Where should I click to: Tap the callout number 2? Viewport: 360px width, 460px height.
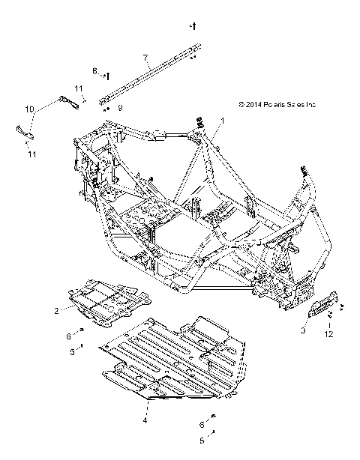(x=77, y=309)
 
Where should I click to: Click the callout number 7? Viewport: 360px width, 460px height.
(x=146, y=57)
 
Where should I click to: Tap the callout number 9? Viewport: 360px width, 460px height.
(x=119, y=108)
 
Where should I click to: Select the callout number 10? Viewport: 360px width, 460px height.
(x=30, y=109)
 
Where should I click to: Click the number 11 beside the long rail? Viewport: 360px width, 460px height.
(x=79, y=89)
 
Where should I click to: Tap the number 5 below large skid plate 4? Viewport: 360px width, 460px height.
(x=201, y=441)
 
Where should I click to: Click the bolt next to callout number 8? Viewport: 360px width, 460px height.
(x=108, y=74)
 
